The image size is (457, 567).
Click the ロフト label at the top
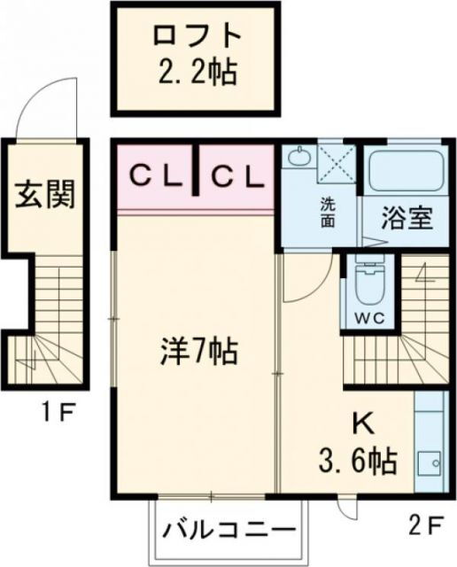[x=197, y=35]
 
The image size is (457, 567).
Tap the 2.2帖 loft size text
[x=197, y=73]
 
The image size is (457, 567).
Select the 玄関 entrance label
[x=43, y=193]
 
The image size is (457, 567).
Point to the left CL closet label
[x=157, y=176]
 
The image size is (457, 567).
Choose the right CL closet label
[x=236, y=176]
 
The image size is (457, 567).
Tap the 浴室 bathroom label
[x=407, y=218]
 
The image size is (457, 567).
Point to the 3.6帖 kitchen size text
[x=357, y=462]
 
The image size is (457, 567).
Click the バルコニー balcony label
[x=229, y=534]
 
